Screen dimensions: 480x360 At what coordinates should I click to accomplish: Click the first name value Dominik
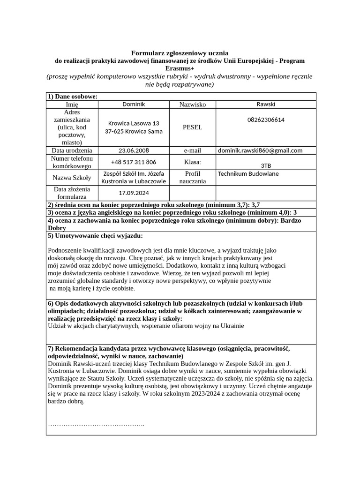click(134, 104)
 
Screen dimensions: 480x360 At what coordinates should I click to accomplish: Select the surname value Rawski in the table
click(266, 104)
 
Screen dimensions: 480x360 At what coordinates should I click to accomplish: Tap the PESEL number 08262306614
click(266, 120)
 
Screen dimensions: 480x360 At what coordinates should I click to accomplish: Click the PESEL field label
click(193, 127)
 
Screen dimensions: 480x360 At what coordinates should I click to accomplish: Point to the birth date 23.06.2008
click(134, 150)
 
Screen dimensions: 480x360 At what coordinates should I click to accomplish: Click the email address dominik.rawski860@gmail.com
click(260, 150)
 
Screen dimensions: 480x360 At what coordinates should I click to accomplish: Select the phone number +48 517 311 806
click(134, 162)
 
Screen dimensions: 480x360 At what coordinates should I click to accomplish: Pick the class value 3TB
click(266, 165)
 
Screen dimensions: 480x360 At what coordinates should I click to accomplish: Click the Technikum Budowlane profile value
click(248, 174)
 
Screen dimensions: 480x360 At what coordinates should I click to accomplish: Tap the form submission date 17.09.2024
click(134, 193)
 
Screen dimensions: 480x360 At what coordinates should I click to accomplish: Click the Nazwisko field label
click(193, 105)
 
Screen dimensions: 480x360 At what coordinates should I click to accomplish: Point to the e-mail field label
click(193, 150)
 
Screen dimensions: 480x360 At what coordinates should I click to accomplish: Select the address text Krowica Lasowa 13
click(134, 123)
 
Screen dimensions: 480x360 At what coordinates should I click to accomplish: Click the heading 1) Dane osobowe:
click(73, 97)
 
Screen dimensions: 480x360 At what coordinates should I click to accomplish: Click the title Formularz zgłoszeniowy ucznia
click(180, 53)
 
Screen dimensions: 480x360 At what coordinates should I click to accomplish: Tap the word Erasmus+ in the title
click(180, 68)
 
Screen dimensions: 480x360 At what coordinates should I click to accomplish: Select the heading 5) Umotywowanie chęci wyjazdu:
click(95, 235)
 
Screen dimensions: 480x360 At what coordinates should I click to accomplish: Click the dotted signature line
click(96, 425)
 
